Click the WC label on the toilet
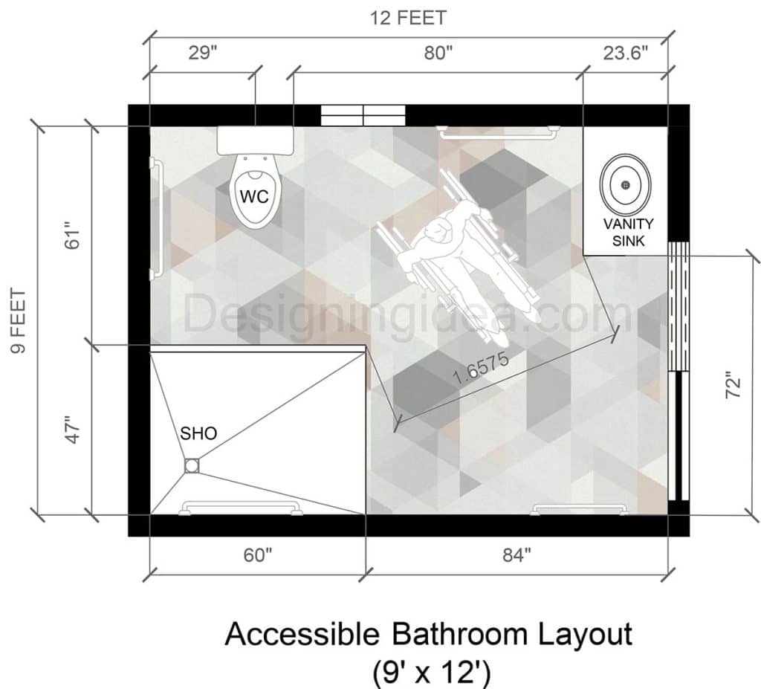tap(252, 196)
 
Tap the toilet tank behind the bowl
tap(255, 140)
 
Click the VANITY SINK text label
tap(629, 231)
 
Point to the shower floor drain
tap(192, 465)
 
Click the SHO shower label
tap(198, 433)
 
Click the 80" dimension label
tap(438, 54)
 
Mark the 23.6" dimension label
tap(625, 54)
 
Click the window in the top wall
tap(363, 115)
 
